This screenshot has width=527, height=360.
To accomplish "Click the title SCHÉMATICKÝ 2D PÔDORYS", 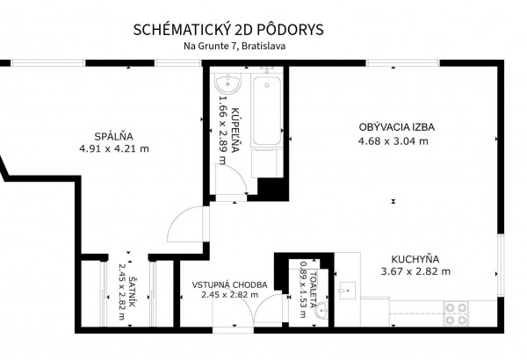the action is pyautogui.click(x=228, y=30).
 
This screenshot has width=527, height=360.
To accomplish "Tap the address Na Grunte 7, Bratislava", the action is pyautogui.click(x=235, y=46).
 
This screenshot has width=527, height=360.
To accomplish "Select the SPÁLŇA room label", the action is pyautogui.click(x=113, y=136).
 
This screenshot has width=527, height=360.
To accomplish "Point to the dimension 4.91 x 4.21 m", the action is pyautogui.click(x=114, y=148).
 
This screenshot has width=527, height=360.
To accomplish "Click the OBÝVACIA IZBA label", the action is pyautogui.click(x=397, y=127).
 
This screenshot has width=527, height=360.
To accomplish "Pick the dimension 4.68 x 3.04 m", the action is pyautogui.click(x=393, y=140).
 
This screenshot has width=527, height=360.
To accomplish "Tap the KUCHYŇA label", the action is pyautogui.click(x=415, y=260).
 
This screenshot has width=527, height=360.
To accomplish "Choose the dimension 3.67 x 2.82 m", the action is pyautogui.click(x=415, y=271).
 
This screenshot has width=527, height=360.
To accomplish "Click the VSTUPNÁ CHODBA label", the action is pyautogui.click(x=229, y=285).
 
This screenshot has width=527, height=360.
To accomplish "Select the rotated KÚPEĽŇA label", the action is pyautogui.click(x=235, y=130).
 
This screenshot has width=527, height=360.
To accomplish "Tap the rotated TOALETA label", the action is pyautogui.click(x=314, y=290).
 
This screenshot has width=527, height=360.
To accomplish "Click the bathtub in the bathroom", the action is pyautogui.click(x=267, y=111).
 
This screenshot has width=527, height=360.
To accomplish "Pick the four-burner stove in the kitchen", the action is pyautogui.click(x=456, y=313).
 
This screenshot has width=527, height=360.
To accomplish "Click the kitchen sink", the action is pyautogui.click(x=347, y=290).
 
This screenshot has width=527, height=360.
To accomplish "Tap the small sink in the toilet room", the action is pyautogui.click(x=321, y=310).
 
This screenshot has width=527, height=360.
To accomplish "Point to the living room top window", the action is pyautogui.click(x=402, y=63).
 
